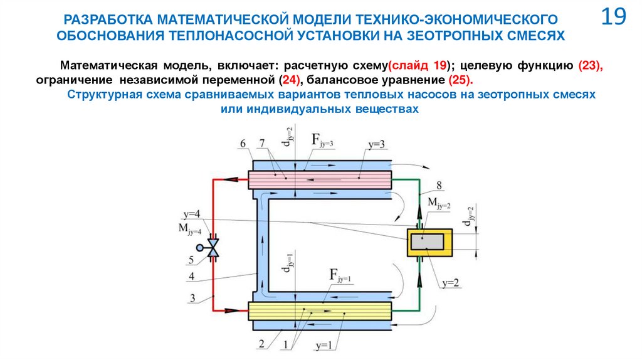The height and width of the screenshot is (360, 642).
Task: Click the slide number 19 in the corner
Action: click(x=614, y=18)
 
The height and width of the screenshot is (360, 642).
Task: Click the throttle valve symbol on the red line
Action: click(x=213, y=246)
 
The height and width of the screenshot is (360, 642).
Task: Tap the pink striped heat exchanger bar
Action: click(x=320, y=179)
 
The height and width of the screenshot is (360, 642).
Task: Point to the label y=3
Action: click(x=377, y=146)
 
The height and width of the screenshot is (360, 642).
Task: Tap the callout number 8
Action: click(x=439, y=184)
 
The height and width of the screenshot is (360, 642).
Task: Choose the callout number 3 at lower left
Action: click(x=194, y=297)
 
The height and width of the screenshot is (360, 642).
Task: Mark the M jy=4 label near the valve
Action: click(x=190, y=230)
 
